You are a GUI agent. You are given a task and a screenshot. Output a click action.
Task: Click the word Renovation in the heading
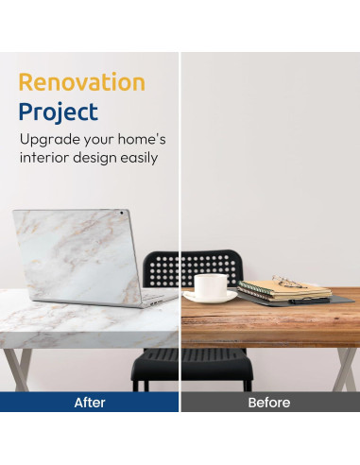(82, 82)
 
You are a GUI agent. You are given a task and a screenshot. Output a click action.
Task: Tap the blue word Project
(59, 112)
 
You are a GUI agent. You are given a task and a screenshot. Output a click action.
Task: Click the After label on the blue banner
(90, 403)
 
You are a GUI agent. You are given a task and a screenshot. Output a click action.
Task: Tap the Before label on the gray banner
(269, 403)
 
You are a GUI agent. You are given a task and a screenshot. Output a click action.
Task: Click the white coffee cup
(211, 284)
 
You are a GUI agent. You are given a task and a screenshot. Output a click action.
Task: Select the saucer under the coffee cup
(211, 297)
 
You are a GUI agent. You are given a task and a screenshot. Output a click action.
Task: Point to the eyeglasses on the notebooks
(288, 282)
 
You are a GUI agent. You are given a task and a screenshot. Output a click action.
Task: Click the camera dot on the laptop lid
(122, 213)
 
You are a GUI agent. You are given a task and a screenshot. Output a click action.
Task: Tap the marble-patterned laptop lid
(77, 256)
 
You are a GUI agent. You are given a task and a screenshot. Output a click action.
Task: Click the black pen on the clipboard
(309, 301)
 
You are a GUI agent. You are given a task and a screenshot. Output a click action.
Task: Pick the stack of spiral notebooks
(284, 291)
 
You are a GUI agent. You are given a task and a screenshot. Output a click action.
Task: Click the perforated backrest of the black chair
(193, 268)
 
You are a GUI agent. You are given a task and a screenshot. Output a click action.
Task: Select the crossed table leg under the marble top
(18, 370)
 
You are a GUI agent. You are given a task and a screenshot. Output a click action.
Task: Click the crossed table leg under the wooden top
(346, 370)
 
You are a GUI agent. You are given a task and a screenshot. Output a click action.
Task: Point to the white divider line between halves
(180, 232)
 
